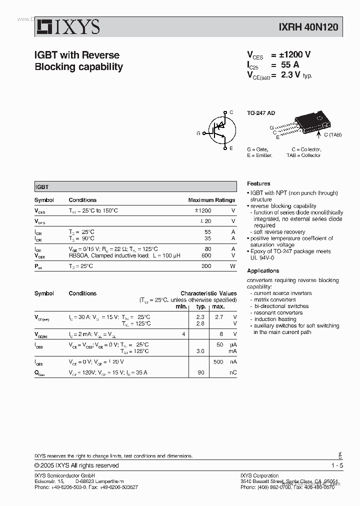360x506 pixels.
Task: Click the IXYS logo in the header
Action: click(x=67, y=27)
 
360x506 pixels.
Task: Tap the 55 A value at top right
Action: click(x=290, y=65)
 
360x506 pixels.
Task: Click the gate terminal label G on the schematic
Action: click(x=198, y=133)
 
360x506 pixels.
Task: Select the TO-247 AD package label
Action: click(x=261, y=113)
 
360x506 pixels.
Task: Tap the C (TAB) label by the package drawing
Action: click(x=332, y=135)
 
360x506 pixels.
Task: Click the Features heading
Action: click(x=258, y=184)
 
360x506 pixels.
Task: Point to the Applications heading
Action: click(x=263, y=271)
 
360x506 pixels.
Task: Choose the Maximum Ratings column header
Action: click(x=211, y=200)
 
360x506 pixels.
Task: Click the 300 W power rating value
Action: click(x=206, y=266)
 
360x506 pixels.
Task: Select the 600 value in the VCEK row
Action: click(x=206, y=255)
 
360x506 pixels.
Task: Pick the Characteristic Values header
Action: click(x=208, y=293)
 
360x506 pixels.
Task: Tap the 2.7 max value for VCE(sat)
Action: click(x=218, y=317)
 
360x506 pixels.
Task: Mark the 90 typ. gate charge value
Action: click(x=201, y=372)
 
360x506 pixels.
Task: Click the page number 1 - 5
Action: click(x=336, y=465)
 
